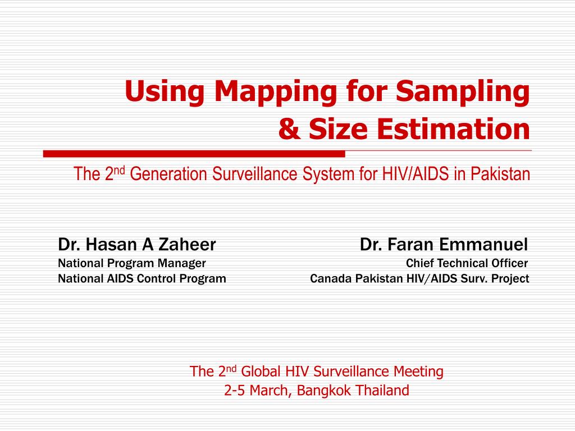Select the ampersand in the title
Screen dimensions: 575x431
point(289,129)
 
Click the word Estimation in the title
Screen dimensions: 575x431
point(453,129)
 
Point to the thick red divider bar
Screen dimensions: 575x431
point(194,154)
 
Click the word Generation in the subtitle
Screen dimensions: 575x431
point(168,174)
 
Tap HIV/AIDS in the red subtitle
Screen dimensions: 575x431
point(416,174)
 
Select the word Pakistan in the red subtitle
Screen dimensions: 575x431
point(500,174)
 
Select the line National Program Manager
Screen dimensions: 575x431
point(131,263)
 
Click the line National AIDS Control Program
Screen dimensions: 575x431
point(142,278)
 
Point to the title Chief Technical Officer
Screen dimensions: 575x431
point(467,263)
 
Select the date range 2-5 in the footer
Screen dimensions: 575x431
point(234,391)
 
